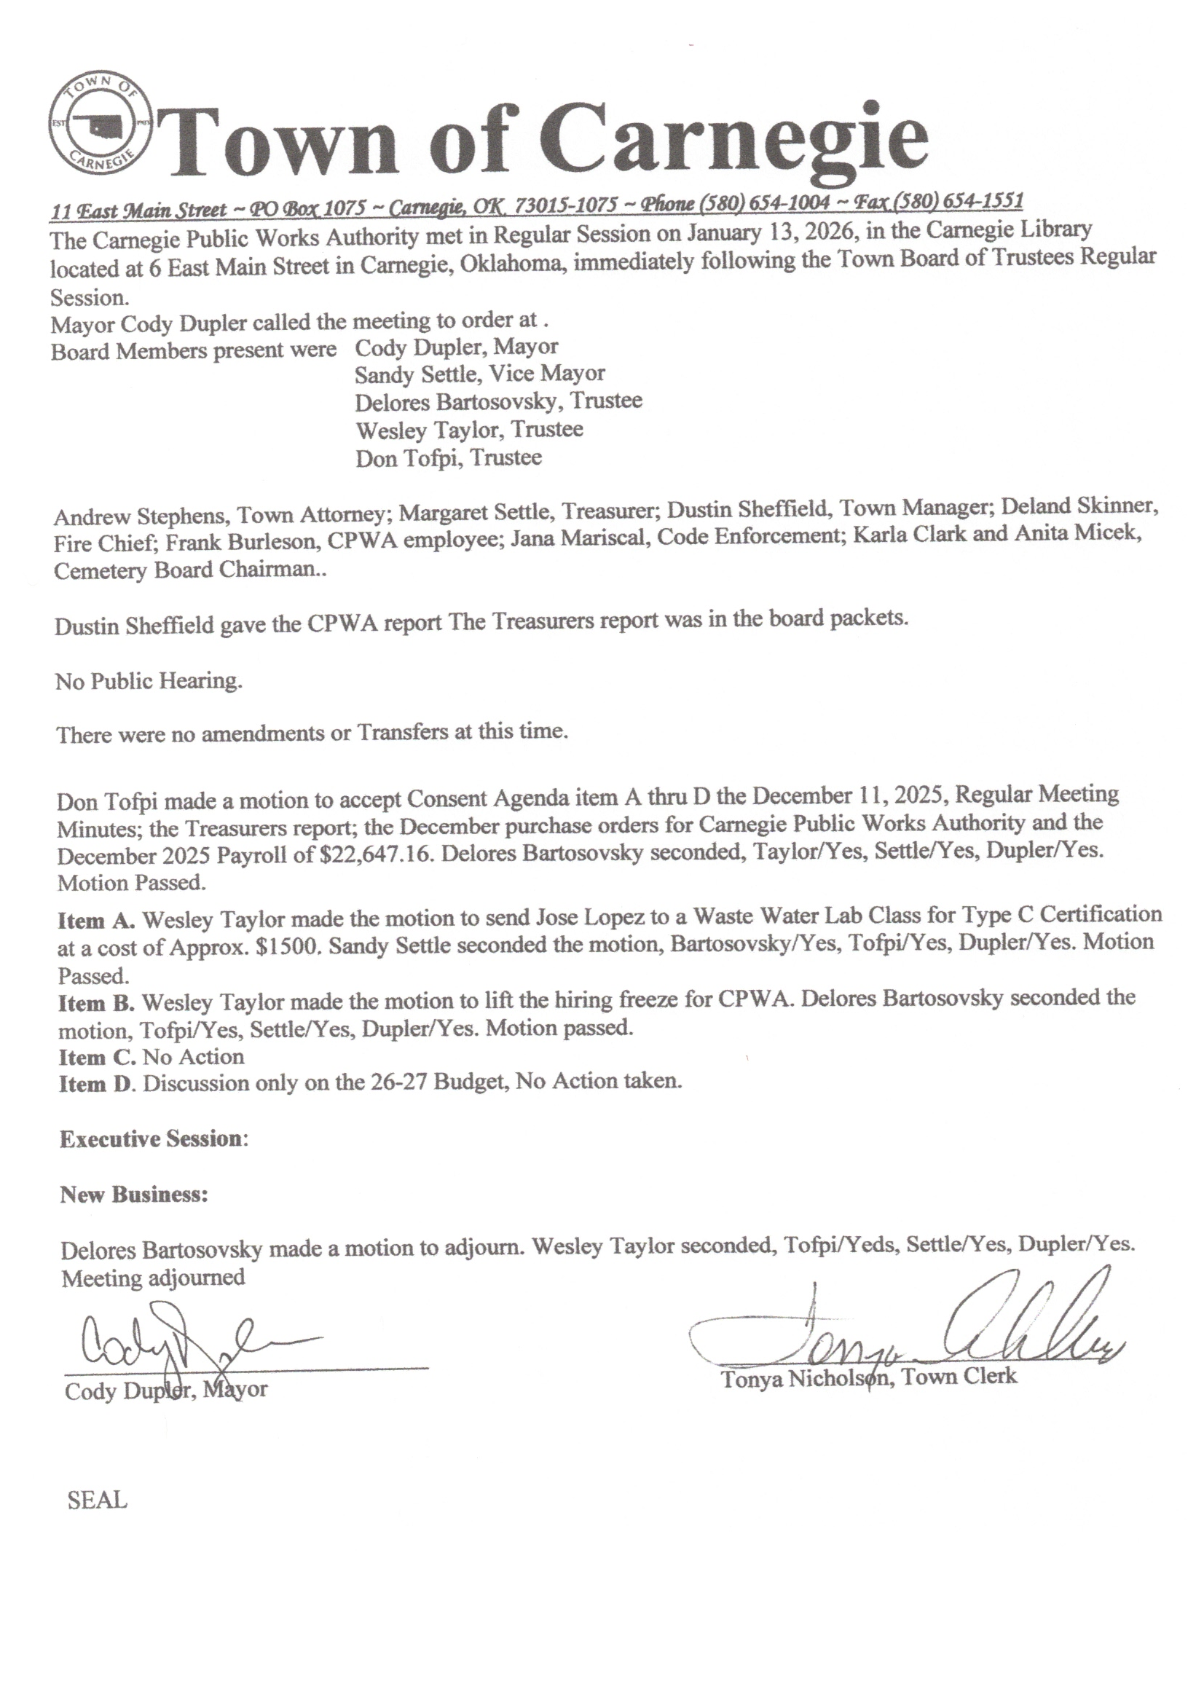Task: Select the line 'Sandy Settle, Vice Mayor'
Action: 479,374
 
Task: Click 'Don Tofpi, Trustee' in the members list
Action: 448,457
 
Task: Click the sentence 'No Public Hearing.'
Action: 149,681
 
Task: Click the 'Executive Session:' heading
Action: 154,1138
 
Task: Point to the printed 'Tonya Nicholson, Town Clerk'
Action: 869,1377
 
